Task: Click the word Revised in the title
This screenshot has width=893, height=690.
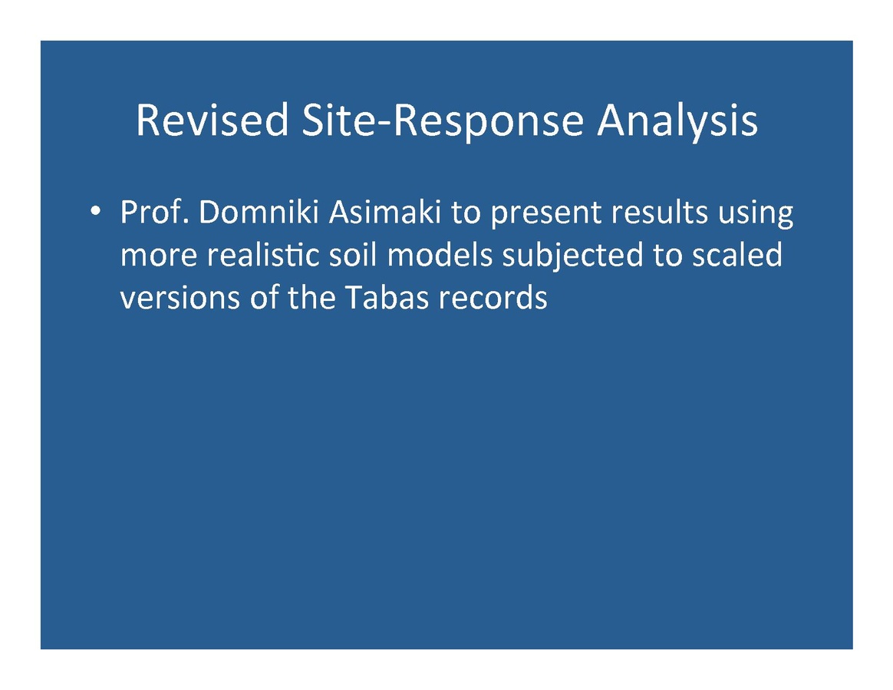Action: (212, 121)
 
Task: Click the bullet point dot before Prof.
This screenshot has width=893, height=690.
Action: (95, 211)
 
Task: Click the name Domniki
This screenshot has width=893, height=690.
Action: (259, 211)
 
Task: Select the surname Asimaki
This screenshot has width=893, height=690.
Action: (386, 211)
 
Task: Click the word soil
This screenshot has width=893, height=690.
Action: (353, 254)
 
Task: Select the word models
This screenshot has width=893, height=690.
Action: (440, 254)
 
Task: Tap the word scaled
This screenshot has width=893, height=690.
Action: (737, 254)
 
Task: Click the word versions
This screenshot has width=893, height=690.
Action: (180, 298)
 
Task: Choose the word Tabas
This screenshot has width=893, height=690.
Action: (387, 298)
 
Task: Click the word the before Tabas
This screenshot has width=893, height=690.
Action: (311, 298)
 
